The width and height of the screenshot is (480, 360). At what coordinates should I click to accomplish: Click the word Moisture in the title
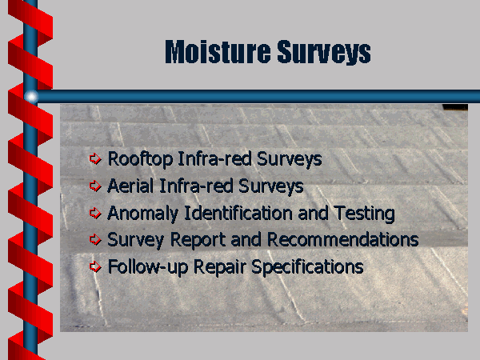point(218,51)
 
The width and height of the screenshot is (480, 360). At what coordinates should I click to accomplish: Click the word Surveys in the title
point(324,52)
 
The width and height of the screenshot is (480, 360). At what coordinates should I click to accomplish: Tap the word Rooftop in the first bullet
point(140,160)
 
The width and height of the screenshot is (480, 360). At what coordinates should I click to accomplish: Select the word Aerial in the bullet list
point(130,186)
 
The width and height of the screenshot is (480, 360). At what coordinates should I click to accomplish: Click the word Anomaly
point(142,214)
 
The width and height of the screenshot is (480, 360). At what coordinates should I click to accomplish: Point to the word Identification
point(238,213)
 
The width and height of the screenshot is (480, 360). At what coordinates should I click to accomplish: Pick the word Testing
point(364,214)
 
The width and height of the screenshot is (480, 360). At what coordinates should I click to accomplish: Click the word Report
point(198,240)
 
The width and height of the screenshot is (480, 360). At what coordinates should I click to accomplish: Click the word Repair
point(220,267)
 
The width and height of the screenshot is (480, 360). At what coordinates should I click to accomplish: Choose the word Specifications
point(307,267)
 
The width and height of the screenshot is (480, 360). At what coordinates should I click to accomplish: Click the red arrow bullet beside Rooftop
point(95,159)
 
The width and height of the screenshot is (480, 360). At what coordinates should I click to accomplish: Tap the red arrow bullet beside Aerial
point(95,186)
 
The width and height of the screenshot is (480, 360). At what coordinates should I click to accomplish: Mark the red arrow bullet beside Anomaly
point(95,213)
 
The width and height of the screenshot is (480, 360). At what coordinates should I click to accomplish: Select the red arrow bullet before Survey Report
point(95,239)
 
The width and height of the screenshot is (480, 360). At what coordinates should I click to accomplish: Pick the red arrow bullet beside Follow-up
point(95,266)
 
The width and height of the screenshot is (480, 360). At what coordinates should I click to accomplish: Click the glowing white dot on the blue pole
point(31,97)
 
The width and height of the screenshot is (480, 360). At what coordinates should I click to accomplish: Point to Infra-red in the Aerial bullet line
point(196,186)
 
